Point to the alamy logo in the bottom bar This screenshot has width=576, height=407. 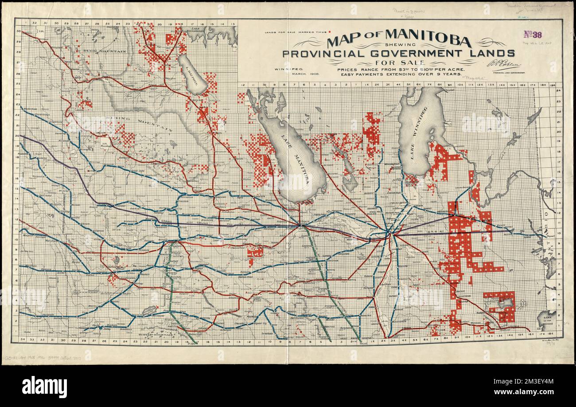[44, 387]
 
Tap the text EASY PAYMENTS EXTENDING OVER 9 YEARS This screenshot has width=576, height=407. [392, 74]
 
